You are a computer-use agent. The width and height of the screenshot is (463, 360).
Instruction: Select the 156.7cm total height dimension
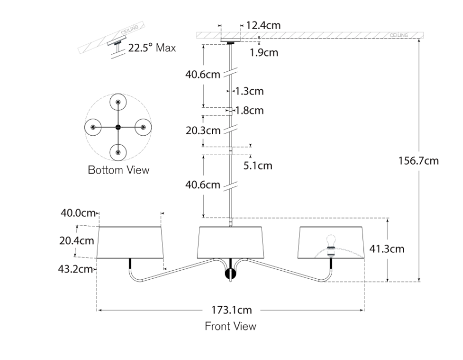coord(418,160)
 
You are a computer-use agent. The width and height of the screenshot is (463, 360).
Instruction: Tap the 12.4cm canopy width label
coord(263,25)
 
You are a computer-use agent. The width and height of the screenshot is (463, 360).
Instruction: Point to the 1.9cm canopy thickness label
coord(264,52)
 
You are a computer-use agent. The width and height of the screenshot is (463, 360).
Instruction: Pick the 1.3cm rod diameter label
coord(249,91)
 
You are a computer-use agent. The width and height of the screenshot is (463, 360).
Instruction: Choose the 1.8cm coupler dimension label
coord(249,111)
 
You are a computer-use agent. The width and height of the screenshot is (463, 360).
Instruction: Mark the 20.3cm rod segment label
coord(202,130)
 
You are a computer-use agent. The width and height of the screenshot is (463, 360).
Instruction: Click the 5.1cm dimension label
coord(258,166)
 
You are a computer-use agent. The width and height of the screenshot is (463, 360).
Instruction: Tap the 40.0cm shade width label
coord(78,213)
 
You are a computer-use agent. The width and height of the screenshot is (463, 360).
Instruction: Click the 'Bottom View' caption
coord(118,170)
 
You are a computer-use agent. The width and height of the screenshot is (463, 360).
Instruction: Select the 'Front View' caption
coord(230,326)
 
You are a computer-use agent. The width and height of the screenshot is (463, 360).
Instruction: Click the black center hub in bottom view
coord(118,127)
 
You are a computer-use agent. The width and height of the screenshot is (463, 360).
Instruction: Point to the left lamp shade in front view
coord(130,243)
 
